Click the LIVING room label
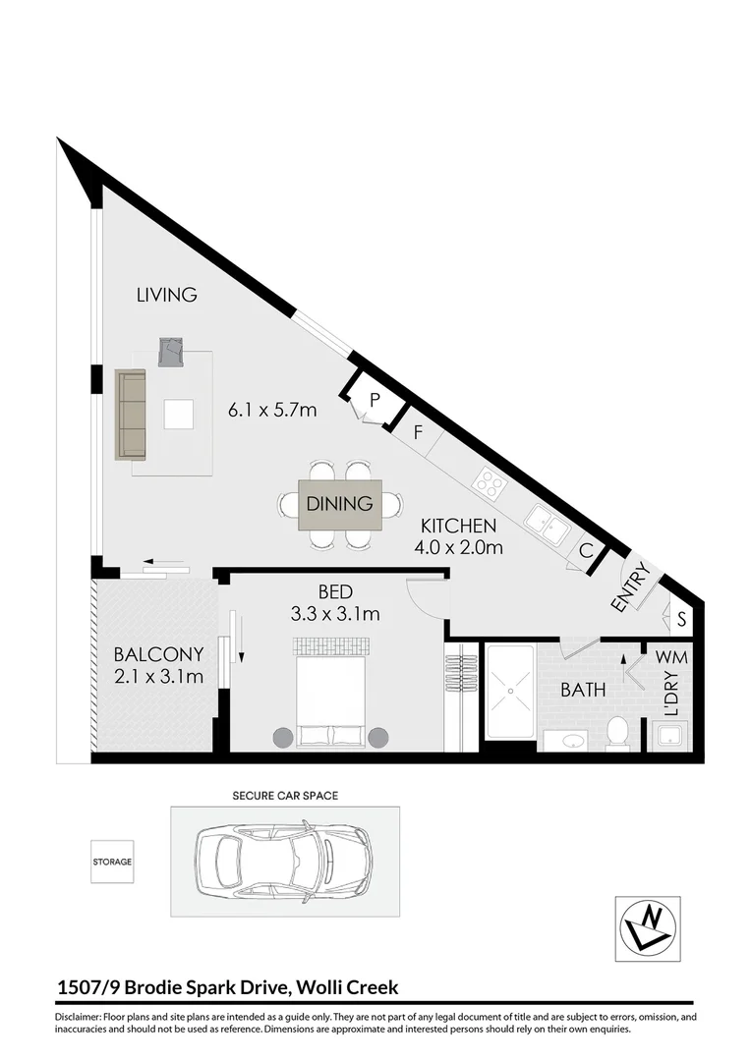click(x=166, y=294)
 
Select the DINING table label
click(x=339, y=504)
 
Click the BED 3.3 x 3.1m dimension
click(x=335, y=615)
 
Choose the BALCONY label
click(x=158, y=654)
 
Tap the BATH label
click(x=582, y=690)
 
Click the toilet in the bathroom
click(x=617, y=732)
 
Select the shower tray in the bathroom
click(x=510, y=689)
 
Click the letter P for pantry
click(x=375, y=399)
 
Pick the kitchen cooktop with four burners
click(x=489, y=481)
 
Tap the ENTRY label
click(x=629, y=587)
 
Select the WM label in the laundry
click(x=670, y=655)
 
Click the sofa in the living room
click(x=131, y=414)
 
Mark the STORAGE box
click(x=112, y=862)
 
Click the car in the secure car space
click(x=285, y=861)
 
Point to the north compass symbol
click(x=647, y=928)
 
